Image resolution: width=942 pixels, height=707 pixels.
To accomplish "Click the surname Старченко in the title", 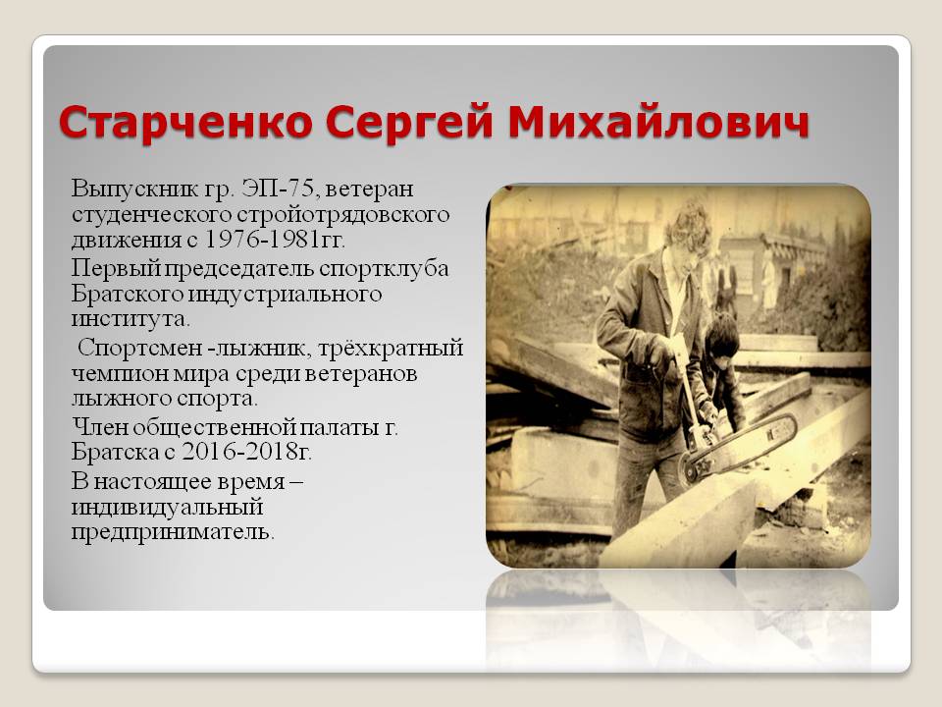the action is tap(185, 122).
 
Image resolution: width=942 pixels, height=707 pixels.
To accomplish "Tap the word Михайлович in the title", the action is tap(658, 122).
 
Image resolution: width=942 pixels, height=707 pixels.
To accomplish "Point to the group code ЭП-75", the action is tap(277, 189).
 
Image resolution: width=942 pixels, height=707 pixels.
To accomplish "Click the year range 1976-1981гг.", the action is tap(275, 240).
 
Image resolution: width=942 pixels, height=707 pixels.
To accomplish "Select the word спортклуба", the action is tap(384, 269).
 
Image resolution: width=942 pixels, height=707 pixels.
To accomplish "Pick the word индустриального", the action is tap(285, 294).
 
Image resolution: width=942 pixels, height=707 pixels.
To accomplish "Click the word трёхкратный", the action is tap(391, 349).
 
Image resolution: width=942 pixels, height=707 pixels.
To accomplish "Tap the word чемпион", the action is tap(120, 374).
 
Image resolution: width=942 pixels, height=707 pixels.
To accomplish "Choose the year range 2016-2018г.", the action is tap(246, 452).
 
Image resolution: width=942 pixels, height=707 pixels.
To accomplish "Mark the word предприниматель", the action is tap(173, 532).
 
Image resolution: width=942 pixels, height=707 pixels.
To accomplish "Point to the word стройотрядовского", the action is tap(343, 215).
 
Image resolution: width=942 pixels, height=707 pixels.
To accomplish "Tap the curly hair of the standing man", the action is tap(689, 226).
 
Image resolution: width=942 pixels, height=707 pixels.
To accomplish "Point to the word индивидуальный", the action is tap(167, 508).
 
